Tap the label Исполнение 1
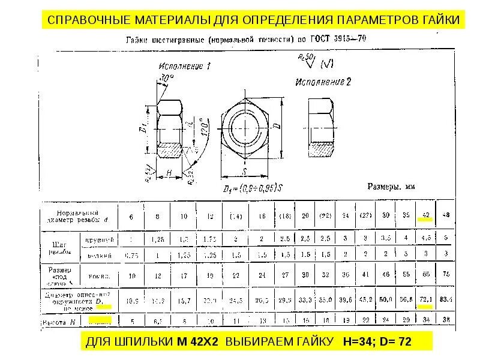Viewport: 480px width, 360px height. (x=184, y=66)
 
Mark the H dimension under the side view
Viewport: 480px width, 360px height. (x=170, y=173)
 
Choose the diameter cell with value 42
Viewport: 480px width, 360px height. (x=425, y=215)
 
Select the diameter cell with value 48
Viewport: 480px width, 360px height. (x=445, y=215)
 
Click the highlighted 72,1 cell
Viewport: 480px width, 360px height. (x=425, y=299)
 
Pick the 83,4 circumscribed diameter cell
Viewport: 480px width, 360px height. (x=445, y=299)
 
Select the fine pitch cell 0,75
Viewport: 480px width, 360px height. (x=131, y=254)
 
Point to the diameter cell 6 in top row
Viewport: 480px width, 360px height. (x=131, y=215)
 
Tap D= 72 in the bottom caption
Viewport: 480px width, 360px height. (x=398, y=342)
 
